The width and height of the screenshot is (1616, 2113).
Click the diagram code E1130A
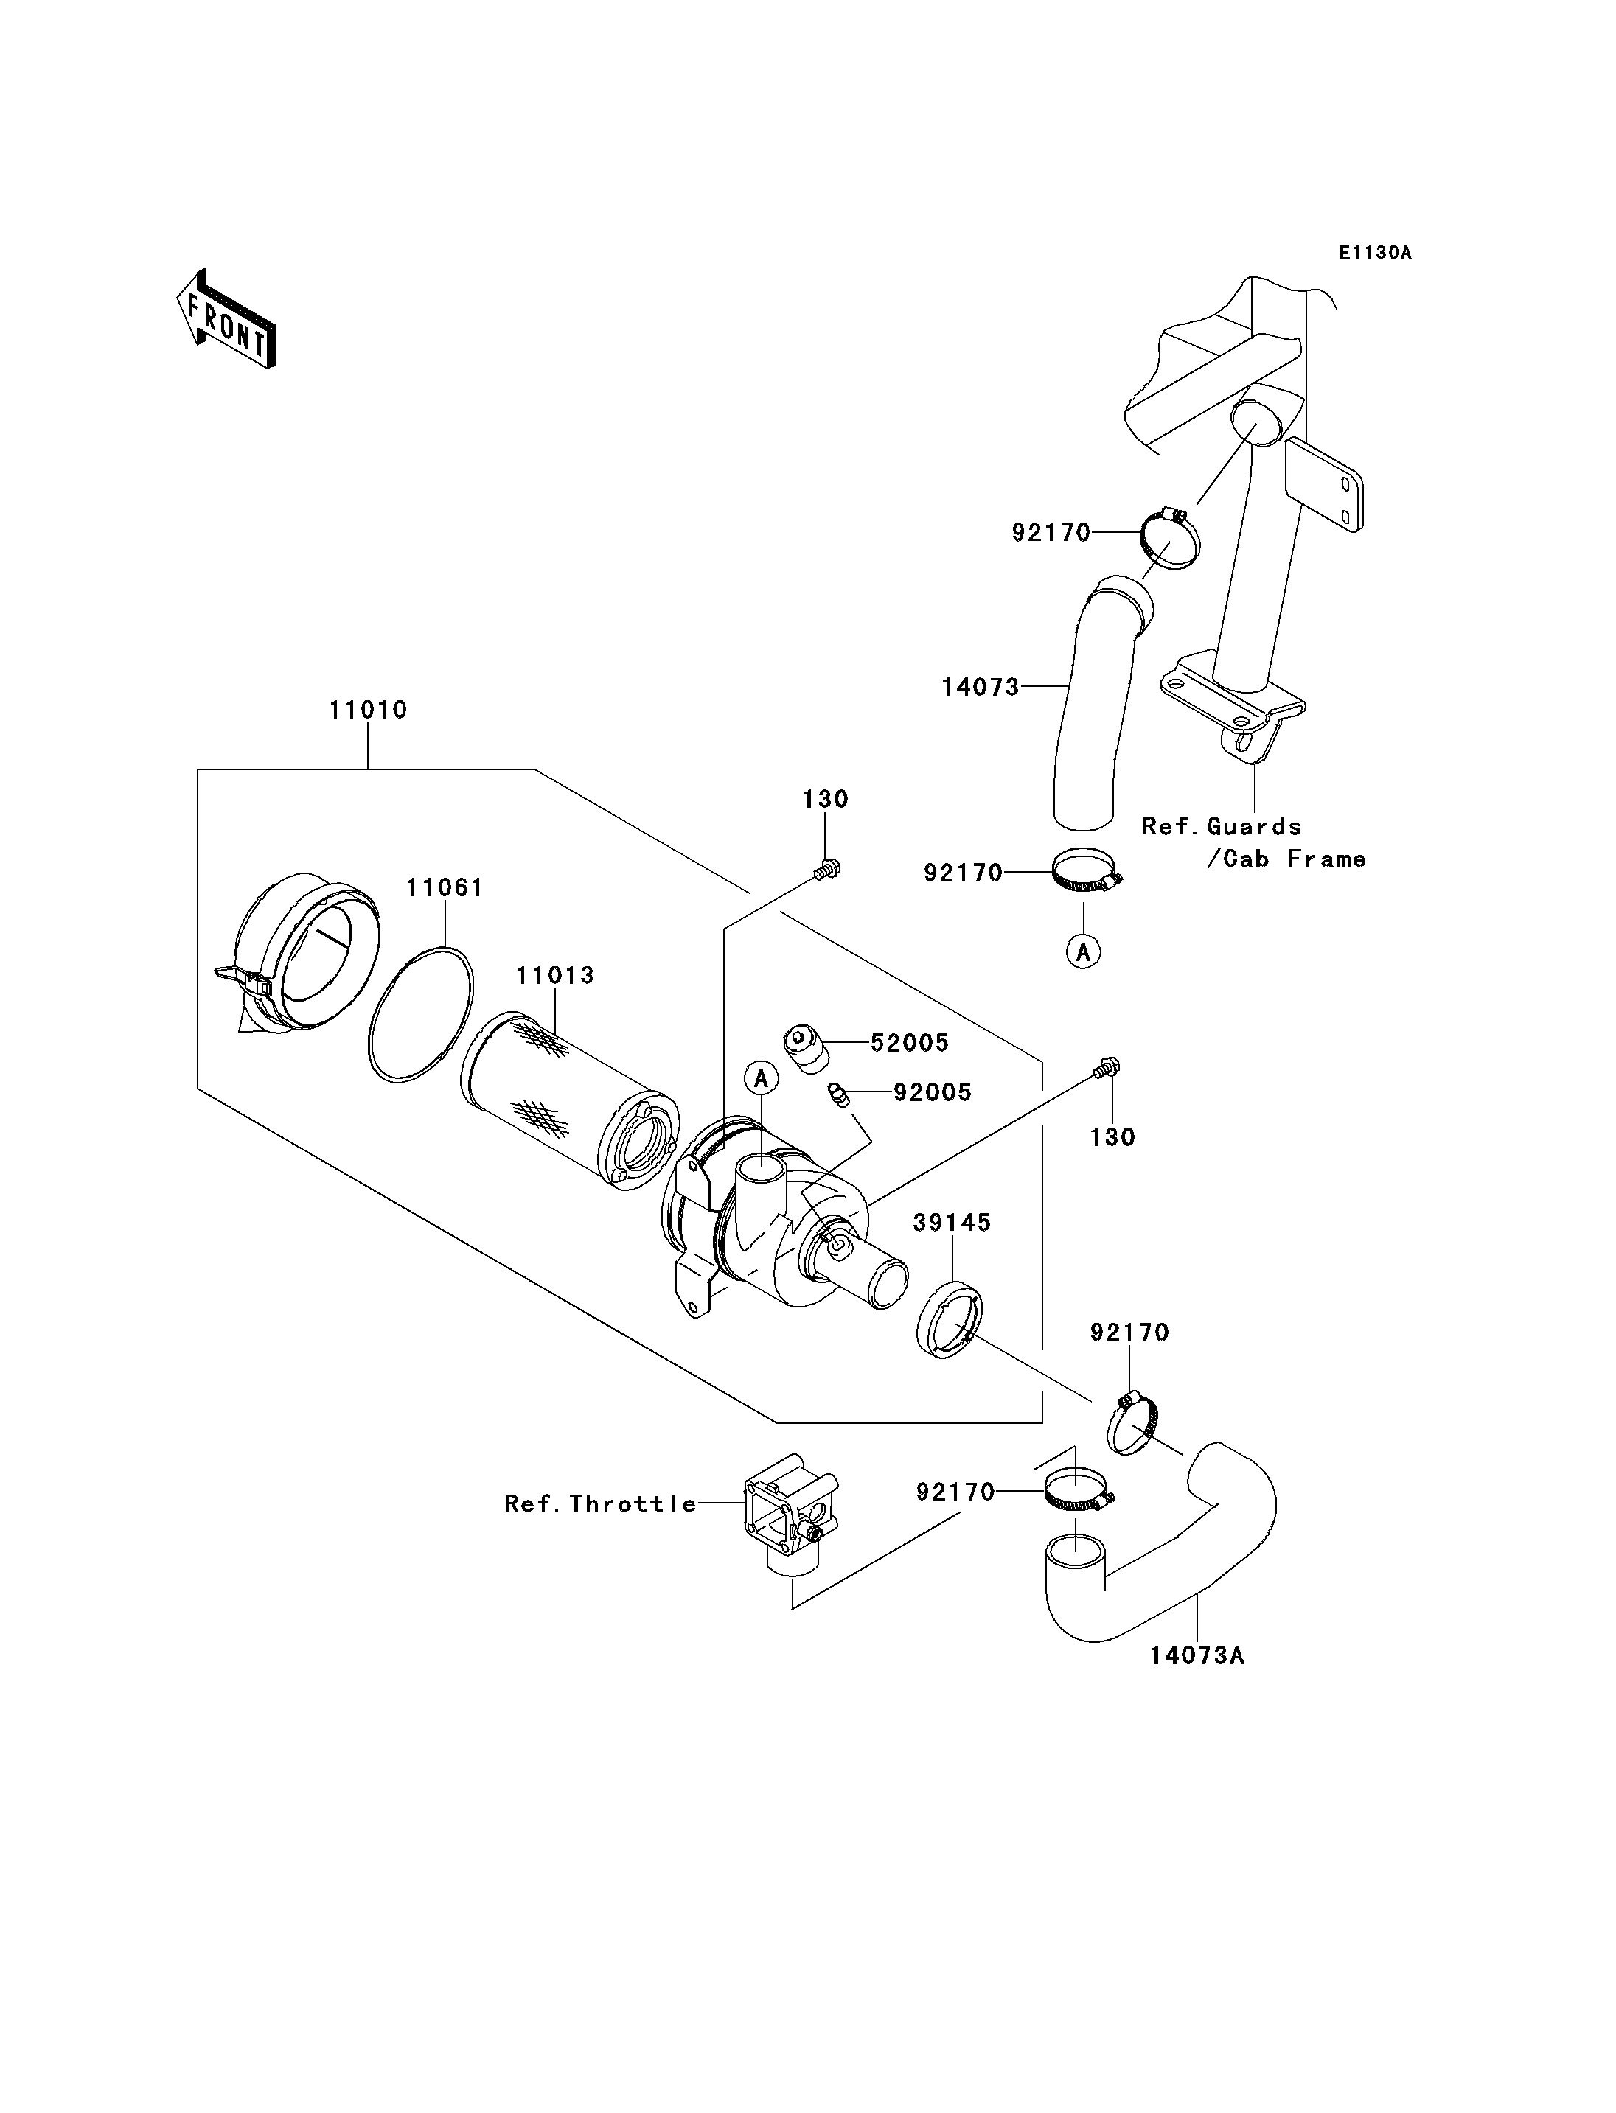[1376, 253]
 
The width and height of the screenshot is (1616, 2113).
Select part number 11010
[369, 710]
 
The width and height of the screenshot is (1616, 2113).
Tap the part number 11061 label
[445, 887]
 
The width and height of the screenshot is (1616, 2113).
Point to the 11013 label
[555, 975]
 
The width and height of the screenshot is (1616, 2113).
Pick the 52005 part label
[909, 1043]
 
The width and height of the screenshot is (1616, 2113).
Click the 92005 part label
[932, 1092]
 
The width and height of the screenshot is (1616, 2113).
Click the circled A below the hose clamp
[1084, 952]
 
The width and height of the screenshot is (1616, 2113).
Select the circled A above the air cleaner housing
[761, 1078]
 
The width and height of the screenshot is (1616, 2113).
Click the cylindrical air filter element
[571, 1101]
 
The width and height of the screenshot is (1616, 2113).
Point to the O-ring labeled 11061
[420, 1015]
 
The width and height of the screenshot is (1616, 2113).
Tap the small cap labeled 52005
[806, 1047]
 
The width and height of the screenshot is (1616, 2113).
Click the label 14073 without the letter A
[981, 687]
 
